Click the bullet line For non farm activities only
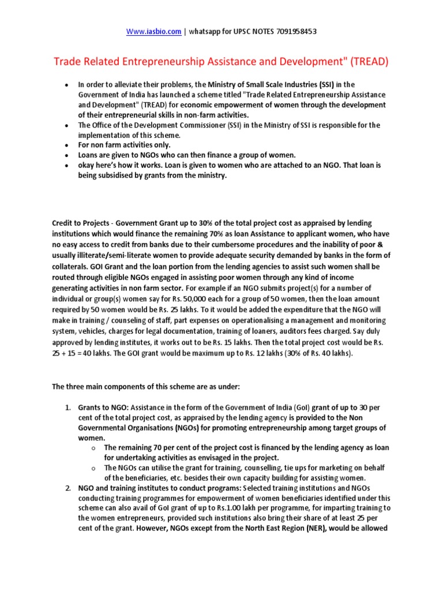(x=125, y=145)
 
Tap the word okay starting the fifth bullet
(x=88, y=165)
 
